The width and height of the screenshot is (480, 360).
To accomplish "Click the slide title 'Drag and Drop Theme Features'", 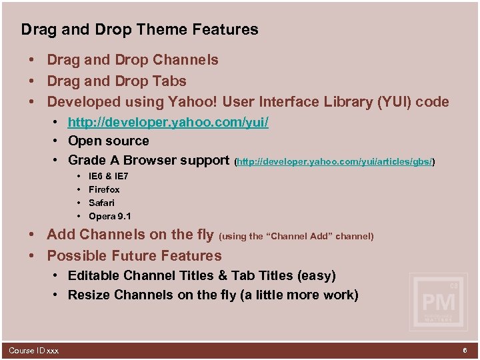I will click(x=139, y=29).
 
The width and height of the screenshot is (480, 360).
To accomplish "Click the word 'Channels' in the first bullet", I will click(x=185, y=60).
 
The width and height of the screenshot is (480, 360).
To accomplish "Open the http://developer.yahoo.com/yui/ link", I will click(x=168, y=123).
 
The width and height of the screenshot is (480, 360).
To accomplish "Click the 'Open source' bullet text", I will click(x=109, y=141).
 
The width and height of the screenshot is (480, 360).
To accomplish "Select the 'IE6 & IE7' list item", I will click(x=109, y=177).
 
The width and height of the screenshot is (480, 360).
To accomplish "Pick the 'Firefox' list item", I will click(x=104, y=189).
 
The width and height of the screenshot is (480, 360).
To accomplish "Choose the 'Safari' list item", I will click(x=101, y=203).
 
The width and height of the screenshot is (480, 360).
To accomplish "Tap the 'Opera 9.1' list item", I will click(x=110, y=216).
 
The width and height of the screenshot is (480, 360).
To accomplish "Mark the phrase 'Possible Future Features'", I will click(x=134, y=256).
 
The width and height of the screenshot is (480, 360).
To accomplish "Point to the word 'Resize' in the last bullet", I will click(x=90, y=295).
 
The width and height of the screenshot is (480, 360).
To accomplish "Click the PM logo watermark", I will click(x=438, y=302).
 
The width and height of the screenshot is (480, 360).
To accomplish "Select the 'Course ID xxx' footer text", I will click(x=33, y=351).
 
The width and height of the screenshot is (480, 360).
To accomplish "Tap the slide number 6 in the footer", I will click(x=464, y=350).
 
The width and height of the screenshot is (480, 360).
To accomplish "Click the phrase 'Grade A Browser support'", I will click(x=149, y=161).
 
